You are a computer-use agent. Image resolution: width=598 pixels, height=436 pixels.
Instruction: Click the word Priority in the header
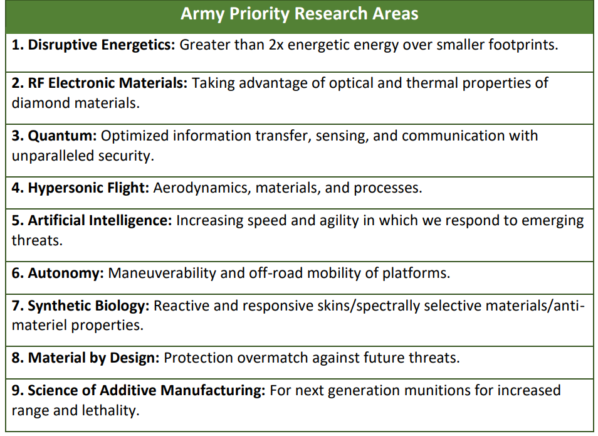(x=259, y=14)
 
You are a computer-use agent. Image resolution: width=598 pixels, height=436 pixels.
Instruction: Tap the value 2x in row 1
(x=276, y=45)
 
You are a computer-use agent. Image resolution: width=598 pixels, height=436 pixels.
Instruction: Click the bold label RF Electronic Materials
(x=108, y=83)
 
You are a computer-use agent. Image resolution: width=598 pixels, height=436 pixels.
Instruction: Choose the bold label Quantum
(x=63, y=136)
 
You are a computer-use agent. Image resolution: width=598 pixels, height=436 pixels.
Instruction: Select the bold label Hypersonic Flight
(x=88, y=188)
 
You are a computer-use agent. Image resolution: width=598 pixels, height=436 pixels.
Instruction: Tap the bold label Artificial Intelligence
(x=100, y=221)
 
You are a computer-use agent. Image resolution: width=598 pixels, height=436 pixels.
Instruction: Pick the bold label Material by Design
(x=94, y=358)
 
